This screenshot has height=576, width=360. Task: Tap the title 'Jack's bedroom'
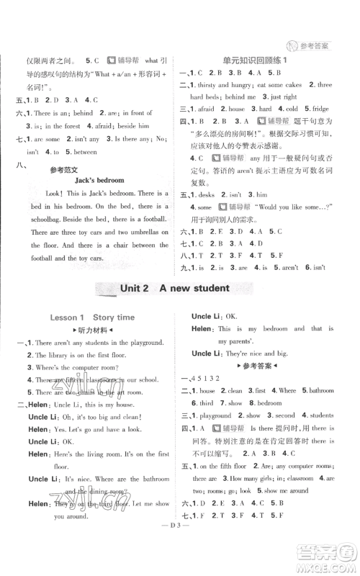point(99,180)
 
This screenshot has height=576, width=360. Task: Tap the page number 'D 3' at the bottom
point(180,555)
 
